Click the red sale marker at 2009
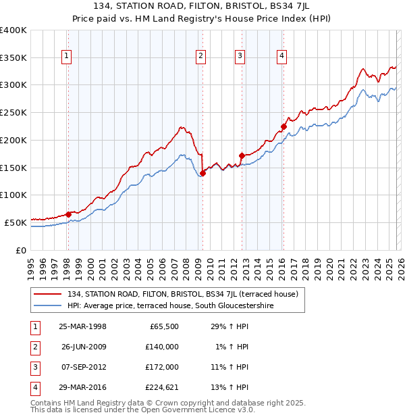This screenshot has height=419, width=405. pos(202,173)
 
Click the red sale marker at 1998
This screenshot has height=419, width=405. pos(68,214)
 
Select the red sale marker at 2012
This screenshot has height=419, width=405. pos(241,155)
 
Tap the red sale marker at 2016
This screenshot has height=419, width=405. pos(283,126)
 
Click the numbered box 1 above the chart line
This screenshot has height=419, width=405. pos(67,57)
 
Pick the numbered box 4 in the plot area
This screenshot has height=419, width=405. pos(281,57)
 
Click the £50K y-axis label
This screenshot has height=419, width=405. pos(15,222)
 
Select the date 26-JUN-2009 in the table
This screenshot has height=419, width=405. pos(82,347)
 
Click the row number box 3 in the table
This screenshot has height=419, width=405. pos(34,367)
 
